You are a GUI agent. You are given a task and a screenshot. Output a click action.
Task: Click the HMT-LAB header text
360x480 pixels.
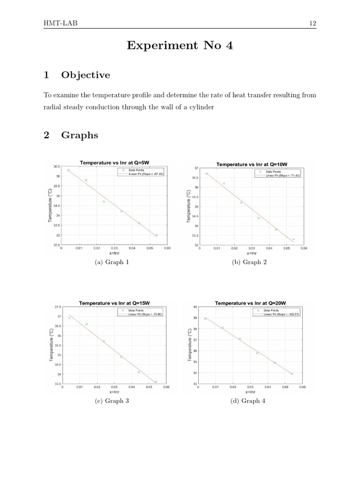click(x=58, y=24)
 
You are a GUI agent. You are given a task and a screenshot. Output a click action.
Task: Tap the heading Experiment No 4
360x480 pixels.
click(x=180, y=46)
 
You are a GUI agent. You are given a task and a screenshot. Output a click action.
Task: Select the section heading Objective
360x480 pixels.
click(x=85, y=75)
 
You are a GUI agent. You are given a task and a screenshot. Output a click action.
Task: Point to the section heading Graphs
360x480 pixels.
click(x=80, y=135)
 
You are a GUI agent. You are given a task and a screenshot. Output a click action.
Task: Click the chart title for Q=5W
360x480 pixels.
click(x=114, y=163)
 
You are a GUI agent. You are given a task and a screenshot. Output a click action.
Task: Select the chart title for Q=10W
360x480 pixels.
click(x=252, y=164)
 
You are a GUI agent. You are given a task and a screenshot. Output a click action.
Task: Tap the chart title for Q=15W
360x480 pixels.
click(x=114, y=303)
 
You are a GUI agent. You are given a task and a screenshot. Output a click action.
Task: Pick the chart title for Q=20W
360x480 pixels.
click(x=251, y=303)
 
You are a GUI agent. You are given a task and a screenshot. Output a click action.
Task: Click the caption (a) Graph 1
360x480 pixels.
click(x=112, y=262)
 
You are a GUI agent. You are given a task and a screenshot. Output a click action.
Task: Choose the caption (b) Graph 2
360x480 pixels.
click(x=249, y=262)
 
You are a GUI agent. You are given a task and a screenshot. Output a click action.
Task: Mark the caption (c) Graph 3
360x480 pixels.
click(x=112, y=401)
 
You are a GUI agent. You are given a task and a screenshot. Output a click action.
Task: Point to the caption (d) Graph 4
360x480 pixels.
click(x=249, y=401)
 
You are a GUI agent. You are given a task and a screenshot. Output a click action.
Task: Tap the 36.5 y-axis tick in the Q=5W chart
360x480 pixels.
click(x=56, y=166)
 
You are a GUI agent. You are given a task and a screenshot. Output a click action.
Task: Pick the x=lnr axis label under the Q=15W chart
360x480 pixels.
click(x=114, y=391)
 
